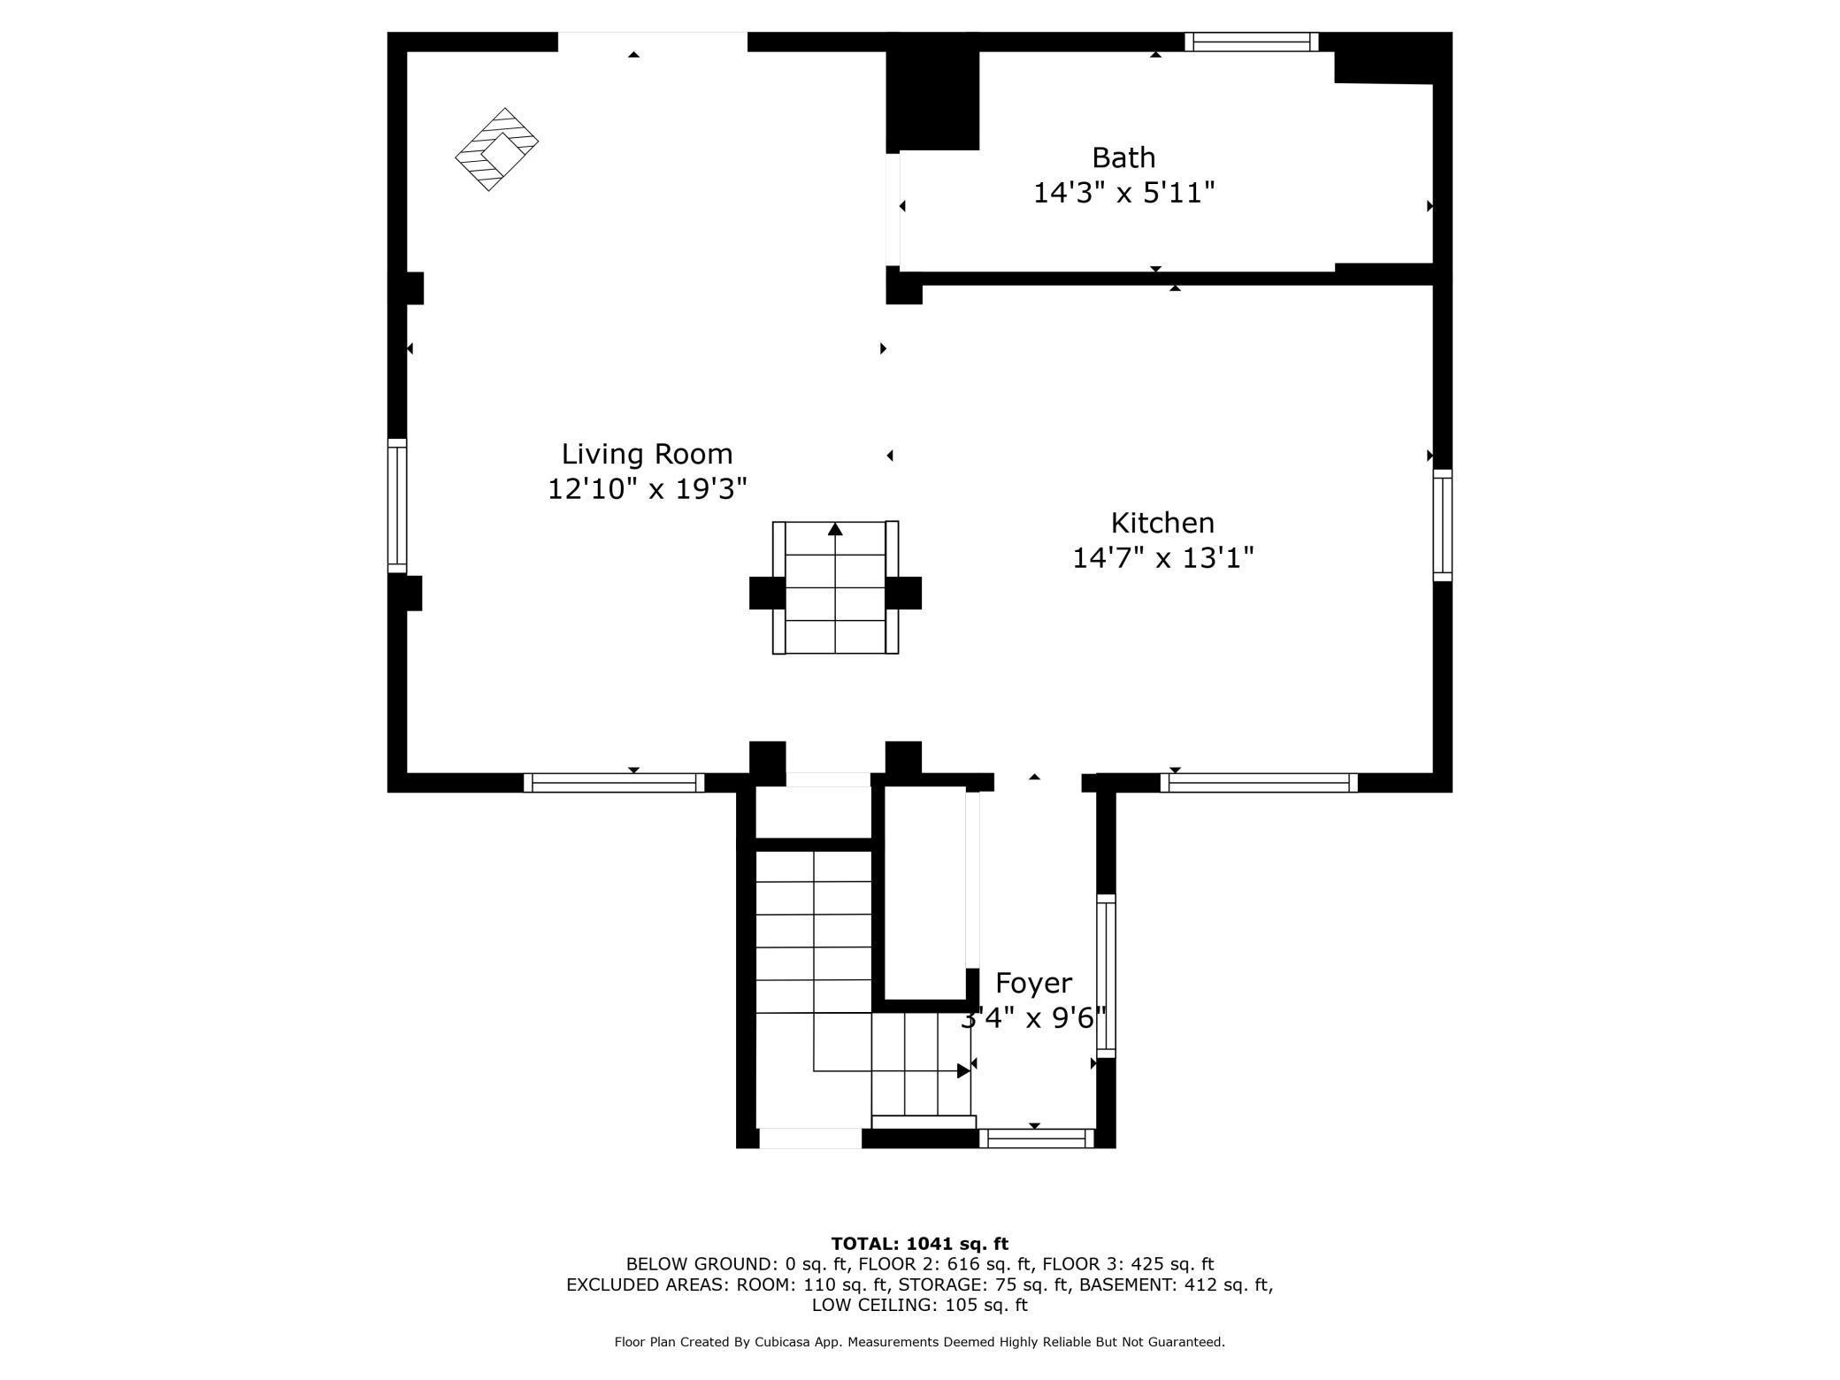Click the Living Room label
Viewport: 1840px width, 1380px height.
(x=647, y=454)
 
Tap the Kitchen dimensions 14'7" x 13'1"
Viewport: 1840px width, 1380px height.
(x=1162, y=558)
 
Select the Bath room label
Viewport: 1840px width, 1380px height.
(x=1123, y=157)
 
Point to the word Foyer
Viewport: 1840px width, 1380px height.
(x=1033, y=983)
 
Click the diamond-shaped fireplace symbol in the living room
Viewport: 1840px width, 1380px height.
(x=496, y=149)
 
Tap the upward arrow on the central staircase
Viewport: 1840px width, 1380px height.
(x=835, y=529)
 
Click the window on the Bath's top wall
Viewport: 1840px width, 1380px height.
(x=1251, y=42)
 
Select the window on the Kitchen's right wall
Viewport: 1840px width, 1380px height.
(x=1442, y=525)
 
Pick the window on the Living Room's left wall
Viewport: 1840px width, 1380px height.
(x=397, y=506)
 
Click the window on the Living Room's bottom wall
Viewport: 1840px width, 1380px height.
(x=614, y=783)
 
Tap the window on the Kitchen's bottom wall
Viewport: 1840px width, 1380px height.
(x=1258, y=783)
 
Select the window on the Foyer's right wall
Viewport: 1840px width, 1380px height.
(x=1106, y=976)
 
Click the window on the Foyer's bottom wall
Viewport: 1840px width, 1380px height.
(x=1036, y=1138)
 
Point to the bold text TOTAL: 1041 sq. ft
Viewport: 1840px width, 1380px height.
(x=919, y=1244)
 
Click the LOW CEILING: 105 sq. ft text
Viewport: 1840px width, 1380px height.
(x=919, y=1305)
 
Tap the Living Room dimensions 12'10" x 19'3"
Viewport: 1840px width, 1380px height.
(x=647, y=488)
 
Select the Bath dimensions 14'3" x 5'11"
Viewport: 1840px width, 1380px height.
(x=1123, y=193)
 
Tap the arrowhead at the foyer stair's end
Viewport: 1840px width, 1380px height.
(x=963, y=1071)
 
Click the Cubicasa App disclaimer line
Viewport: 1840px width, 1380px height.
(x=919, y=1342)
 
